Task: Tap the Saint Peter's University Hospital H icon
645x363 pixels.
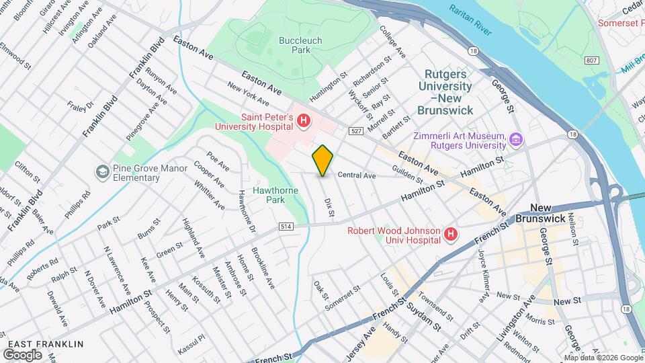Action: tap(304, 121)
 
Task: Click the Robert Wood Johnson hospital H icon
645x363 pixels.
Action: tap(451, 235)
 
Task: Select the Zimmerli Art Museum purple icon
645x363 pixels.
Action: tap(516, 140)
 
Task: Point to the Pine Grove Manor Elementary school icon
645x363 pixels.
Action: tap(102, 173)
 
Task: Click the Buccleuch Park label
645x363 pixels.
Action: tap(300, 45)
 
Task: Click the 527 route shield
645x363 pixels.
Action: tap(355, 130)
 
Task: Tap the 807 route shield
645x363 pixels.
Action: tap(591, 61)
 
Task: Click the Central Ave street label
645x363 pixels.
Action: tap(356, 175)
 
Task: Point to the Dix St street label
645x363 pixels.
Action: tap(329, 206)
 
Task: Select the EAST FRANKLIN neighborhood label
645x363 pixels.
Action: tap(44, 344)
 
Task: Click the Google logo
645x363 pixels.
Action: tap(22, 354)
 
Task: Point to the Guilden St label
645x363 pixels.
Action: tap(408, 175)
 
